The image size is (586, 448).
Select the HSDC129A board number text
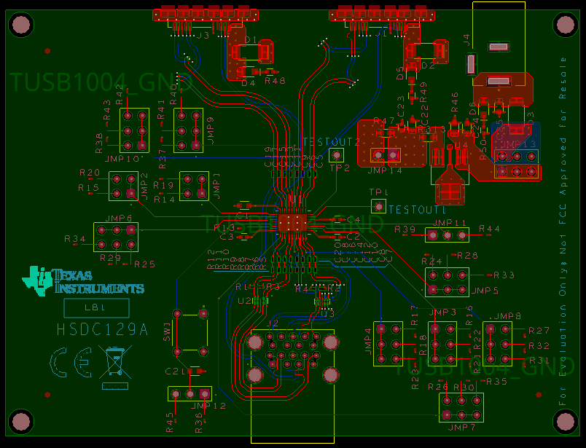coord(102,330)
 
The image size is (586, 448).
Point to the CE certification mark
coord(71,361)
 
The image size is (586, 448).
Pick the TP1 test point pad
coord(377,206)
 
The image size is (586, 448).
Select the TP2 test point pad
coord(336,154)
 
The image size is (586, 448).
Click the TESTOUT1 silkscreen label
coord(417,210)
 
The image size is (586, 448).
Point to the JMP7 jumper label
coord(462,427)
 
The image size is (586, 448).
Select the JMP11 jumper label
coord(450,223)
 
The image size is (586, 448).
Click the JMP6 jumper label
coord(118,218)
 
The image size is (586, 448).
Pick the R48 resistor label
coord(276,81)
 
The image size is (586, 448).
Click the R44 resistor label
coord(489,229)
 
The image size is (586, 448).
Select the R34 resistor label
coord(75,239)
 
